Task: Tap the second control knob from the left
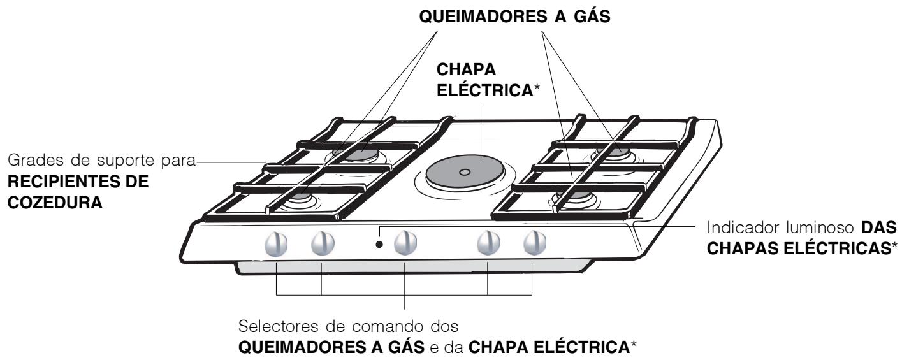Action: [321, 242]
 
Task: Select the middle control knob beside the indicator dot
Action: [405, 242]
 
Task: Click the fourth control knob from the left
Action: [488, 242]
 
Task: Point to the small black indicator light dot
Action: [379, 244]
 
